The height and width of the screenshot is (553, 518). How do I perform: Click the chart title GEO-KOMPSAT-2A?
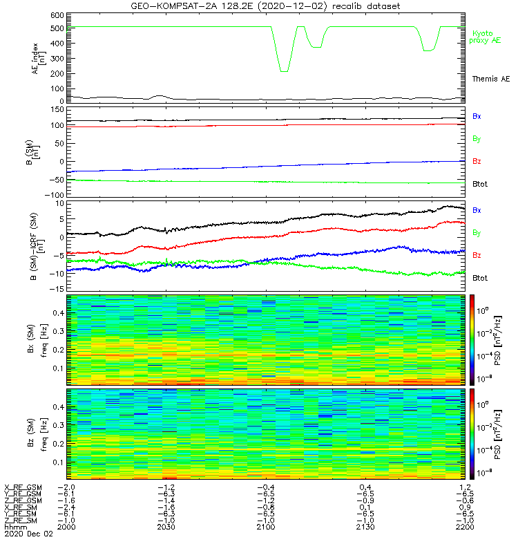tap(172, 6)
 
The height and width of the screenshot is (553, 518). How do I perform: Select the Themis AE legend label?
tap(491, 79)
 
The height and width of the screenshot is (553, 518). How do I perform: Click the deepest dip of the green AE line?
tap(283, 71)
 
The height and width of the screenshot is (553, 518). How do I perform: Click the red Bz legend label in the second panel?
tap(477, 162)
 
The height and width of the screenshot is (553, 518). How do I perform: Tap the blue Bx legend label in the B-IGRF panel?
tap(477, 209)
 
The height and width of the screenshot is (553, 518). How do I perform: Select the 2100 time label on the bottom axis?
tap(266, 527)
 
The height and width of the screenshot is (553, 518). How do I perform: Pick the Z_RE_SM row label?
tap(21, 520)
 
